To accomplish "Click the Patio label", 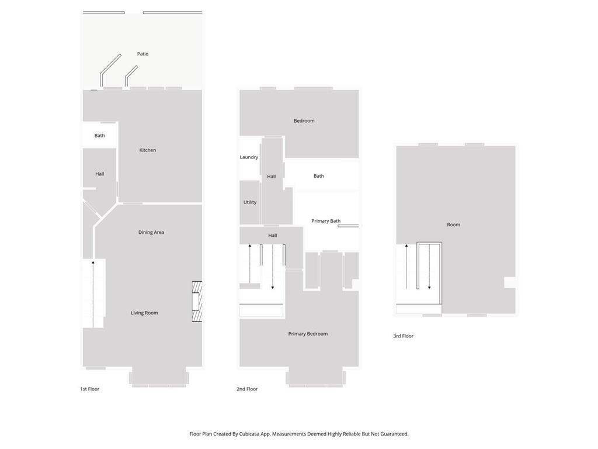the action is click(x=142, y=54).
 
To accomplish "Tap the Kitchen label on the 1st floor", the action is click(x=148, y=150).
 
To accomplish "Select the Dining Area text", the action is click(x=151, y=232).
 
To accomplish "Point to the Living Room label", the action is click(x=144, y=313).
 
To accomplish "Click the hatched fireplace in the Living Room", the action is click(x=197, y=302).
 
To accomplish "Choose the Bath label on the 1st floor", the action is click(x=99, y=136).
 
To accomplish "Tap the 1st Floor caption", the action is click(x=89, y=389).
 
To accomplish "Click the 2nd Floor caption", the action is click(x=247, y=389).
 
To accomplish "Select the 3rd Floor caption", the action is click(x=404, y=336).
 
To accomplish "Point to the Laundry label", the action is click(x=249, y=157).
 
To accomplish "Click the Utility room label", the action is click(x=250, y=202).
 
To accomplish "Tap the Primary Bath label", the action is click(x=326, y=221).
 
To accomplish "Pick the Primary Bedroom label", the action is click(x=308, y=334).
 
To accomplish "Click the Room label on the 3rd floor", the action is click(x=453, y=225).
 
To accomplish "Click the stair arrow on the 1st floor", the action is click(x=93, y=293).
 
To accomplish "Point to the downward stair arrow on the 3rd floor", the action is click(x=429, y=267).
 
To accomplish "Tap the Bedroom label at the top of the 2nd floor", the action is click(x=304, y=121).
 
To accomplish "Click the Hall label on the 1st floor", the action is click(x=99, y=174).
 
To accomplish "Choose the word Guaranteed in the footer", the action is click(x=395, y=434).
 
